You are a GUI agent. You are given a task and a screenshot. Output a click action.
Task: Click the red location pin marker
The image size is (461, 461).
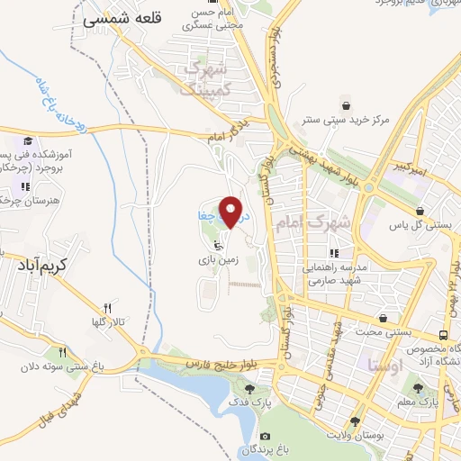click(233, 212)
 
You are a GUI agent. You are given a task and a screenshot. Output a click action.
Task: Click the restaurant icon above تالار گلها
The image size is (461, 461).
click(107, 307)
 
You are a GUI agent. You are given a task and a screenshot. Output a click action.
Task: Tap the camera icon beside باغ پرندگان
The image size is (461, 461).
click(265, 437)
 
